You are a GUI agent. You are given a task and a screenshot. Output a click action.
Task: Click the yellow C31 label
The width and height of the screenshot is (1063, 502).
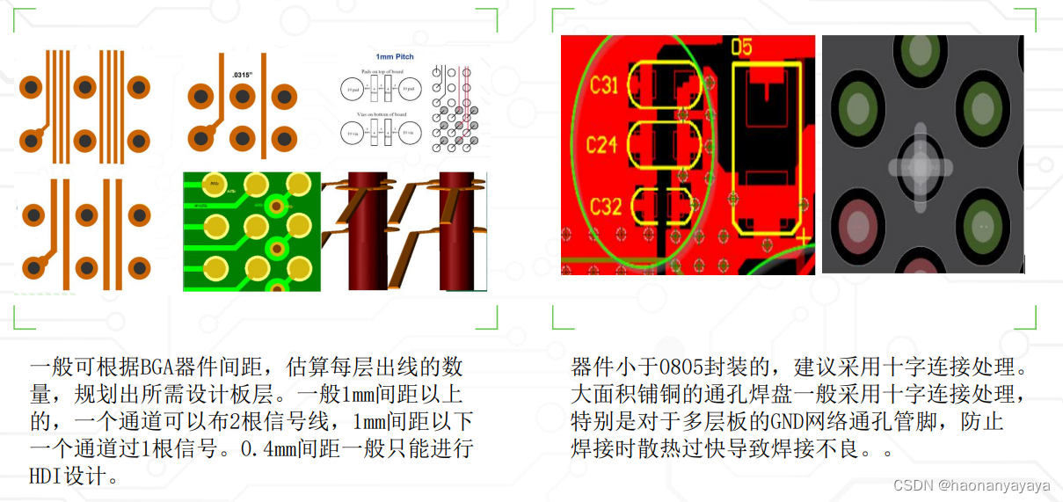coord(604,84)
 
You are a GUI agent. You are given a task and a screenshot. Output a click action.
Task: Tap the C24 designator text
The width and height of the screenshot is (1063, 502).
coord(602,143)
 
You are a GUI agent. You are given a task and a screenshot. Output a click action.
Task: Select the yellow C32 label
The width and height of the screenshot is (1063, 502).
coord(606,206)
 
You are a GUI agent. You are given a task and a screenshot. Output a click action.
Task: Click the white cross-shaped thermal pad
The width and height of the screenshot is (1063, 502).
coord(920,167)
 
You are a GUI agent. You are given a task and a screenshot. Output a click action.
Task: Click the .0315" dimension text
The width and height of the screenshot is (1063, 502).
coord(242,76)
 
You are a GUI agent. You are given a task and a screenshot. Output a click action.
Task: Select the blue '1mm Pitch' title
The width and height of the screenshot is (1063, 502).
coord(394,56)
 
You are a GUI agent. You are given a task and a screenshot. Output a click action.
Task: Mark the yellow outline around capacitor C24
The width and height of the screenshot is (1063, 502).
coord(665,143)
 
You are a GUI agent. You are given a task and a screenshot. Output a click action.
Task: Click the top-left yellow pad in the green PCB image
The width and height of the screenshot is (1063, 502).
coord(211,186)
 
